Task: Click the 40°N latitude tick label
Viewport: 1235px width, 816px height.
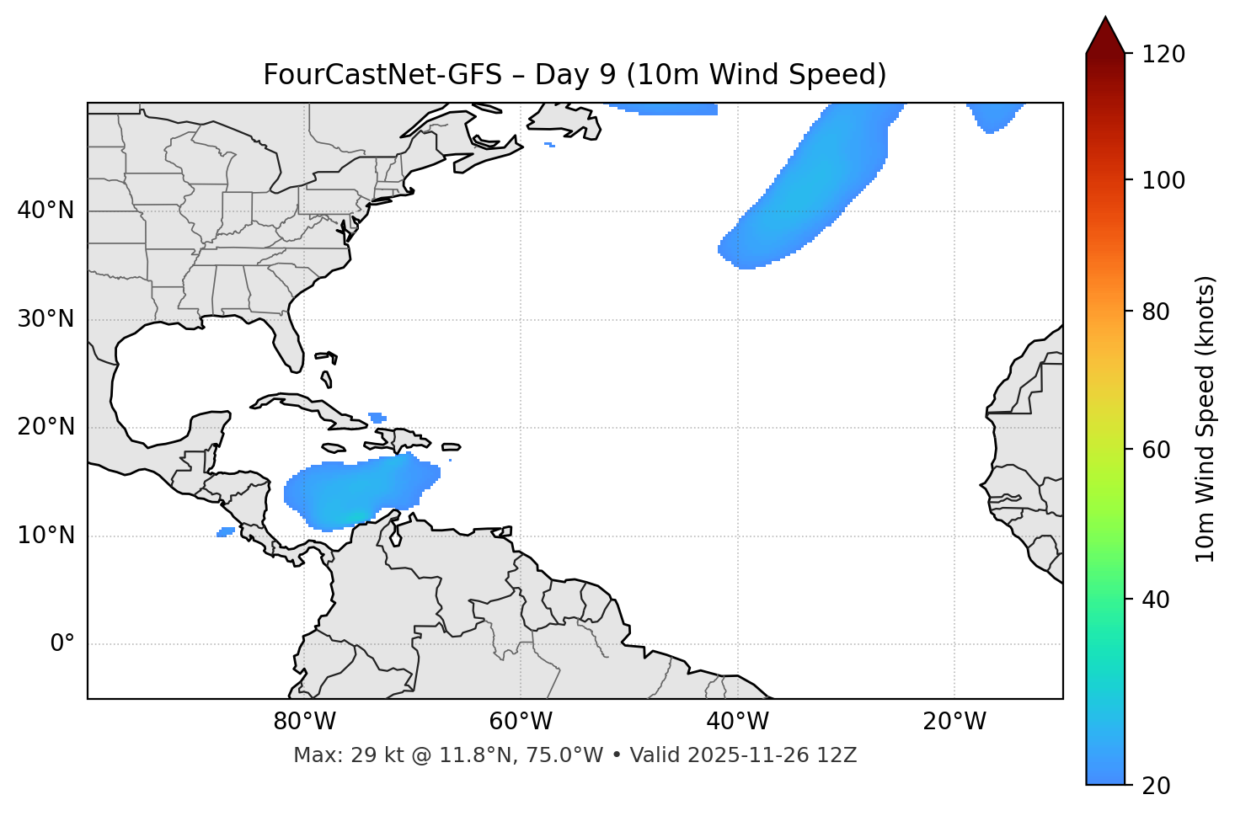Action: pyautogui.click(x=45, y=211)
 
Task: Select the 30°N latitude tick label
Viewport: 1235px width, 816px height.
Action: pyautogui.click(x=45, y=319)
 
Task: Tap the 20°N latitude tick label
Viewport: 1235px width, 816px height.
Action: pyautogui.click(x=45, y=427)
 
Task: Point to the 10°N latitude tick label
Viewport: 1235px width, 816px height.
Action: pyautogui.click(x=45, y=536)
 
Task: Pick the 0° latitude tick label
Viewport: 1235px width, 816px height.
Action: pyautogui.click(x=62, y=644)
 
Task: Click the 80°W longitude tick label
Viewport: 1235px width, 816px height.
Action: pyautogui.click(x=304, y=722)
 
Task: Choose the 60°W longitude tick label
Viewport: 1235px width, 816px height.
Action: pyautogui.click(x=521, y=722)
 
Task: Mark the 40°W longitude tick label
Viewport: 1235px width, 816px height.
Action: pyautogui.click(x=737, y=722)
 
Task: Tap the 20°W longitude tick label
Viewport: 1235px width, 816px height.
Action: pyautogui.click(x=954, y=722)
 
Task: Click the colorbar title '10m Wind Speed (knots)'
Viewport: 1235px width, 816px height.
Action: pyautogui.click(x=1206, y=419)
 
